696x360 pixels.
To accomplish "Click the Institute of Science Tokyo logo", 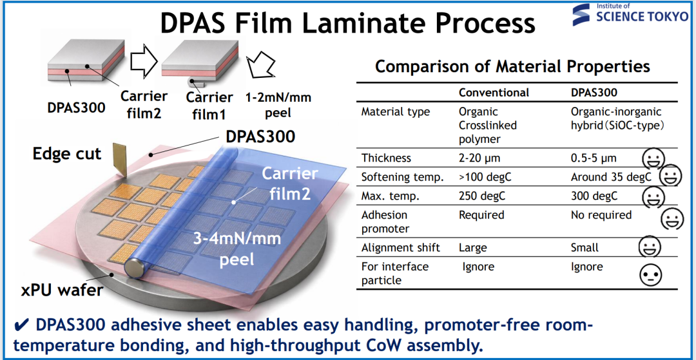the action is (x=631, y=14).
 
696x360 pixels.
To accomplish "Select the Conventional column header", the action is (x=494, y=93).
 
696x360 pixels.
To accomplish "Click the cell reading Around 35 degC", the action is (x=611, y=177).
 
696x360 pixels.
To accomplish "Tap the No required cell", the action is (x=601, y=215).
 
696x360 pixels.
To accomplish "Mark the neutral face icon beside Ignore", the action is (x=650, y=275).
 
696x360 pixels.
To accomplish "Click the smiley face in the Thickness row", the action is (x=654, y=158).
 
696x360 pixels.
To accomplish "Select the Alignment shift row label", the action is (x=401, y=247).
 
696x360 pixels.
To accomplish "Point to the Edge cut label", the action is (x=67, y=154).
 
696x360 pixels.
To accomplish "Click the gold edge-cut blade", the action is (x=119, y=160).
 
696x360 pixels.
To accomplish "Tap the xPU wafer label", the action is (x=62, y=291).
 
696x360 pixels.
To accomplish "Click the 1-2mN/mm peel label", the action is (x=278, y=105).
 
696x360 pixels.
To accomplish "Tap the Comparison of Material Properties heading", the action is (x=513, y=67).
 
